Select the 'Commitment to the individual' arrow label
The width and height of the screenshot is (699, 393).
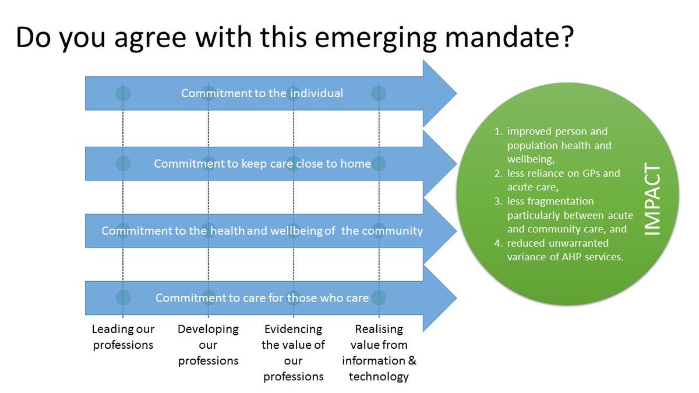(x=262, y=93)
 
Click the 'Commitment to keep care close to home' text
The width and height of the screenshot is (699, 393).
(x=262, y=164)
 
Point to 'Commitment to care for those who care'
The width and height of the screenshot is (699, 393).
(x=262, y=298)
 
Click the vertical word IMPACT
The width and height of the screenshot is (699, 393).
(x=654, y=199)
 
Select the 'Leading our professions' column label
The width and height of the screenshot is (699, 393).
(x=123, y=337)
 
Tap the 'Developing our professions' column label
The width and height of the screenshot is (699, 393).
(x=208, y=345)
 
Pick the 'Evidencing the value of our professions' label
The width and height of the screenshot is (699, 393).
(x=293, y=352)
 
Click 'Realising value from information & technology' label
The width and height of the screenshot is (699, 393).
(x=379, y=352)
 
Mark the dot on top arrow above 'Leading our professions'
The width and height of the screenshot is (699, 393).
(x=123, y=93)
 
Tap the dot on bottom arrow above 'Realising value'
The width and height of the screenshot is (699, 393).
(x=379, y=298)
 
